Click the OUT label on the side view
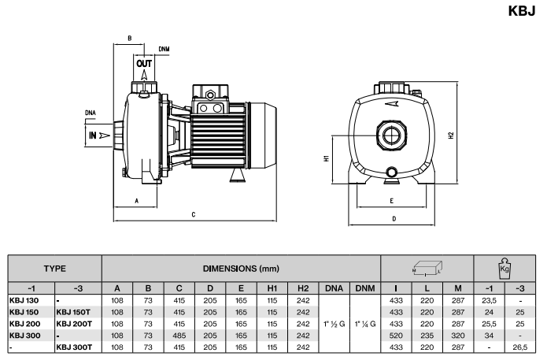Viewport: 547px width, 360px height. point(144,63)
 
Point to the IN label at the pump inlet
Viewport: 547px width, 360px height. point(94,135)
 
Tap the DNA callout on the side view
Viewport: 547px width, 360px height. point(91,113)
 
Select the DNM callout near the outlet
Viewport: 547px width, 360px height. point(163,49)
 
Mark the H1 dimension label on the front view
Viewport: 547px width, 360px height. point(326,159)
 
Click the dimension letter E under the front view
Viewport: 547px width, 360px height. point(391,201)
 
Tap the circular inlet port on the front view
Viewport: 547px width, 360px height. point(391,132)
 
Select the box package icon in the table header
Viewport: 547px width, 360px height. point(427,269)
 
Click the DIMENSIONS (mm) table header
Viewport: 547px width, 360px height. point(241,269)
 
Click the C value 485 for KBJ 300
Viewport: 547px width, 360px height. point(179,334)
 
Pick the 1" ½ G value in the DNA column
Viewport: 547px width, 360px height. point(333,323)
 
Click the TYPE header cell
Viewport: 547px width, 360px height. point(54,269)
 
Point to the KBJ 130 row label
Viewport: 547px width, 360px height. point(24,300)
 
